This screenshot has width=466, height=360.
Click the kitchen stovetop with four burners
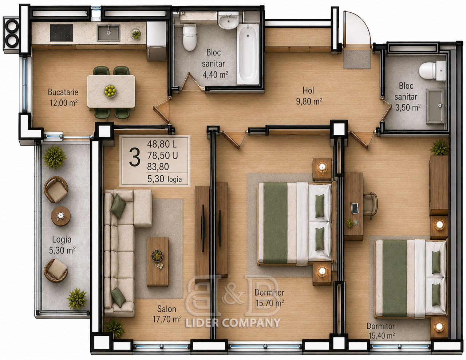(x=61, y=33)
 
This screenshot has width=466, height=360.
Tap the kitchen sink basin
(x=108, y=33)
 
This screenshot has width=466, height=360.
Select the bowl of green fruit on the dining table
(x=110, y=91)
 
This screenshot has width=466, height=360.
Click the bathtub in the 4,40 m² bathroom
(x=248, y=55)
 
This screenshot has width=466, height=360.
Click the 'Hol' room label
(x=308, y=91)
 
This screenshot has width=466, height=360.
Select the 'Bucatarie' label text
(x=63, y=92)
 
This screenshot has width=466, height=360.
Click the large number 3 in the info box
(x=135, y=157)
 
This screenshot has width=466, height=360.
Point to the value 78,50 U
(x=162, y=156)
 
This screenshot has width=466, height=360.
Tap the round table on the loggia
(x=61, y=216)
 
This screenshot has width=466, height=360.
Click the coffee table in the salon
(x=157, y=261)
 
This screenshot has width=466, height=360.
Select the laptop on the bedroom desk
(x=355, y=208)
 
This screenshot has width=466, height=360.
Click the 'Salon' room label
(x=167, y=309)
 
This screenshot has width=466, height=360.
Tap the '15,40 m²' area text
(x=382, y=336)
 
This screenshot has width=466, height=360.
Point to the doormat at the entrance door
(x=357, y=59)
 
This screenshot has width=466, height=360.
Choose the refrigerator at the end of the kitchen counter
(x=156, y=41)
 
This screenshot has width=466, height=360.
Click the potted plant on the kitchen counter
(x=136, y=34)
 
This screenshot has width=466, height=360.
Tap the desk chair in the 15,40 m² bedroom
(x=370, y=205)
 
